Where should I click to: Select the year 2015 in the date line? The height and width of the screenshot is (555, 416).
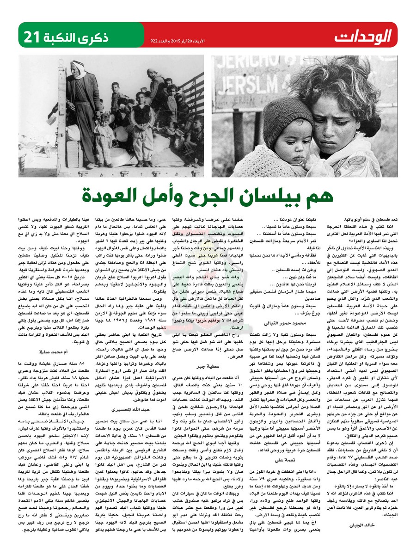[x=183, y=41]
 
